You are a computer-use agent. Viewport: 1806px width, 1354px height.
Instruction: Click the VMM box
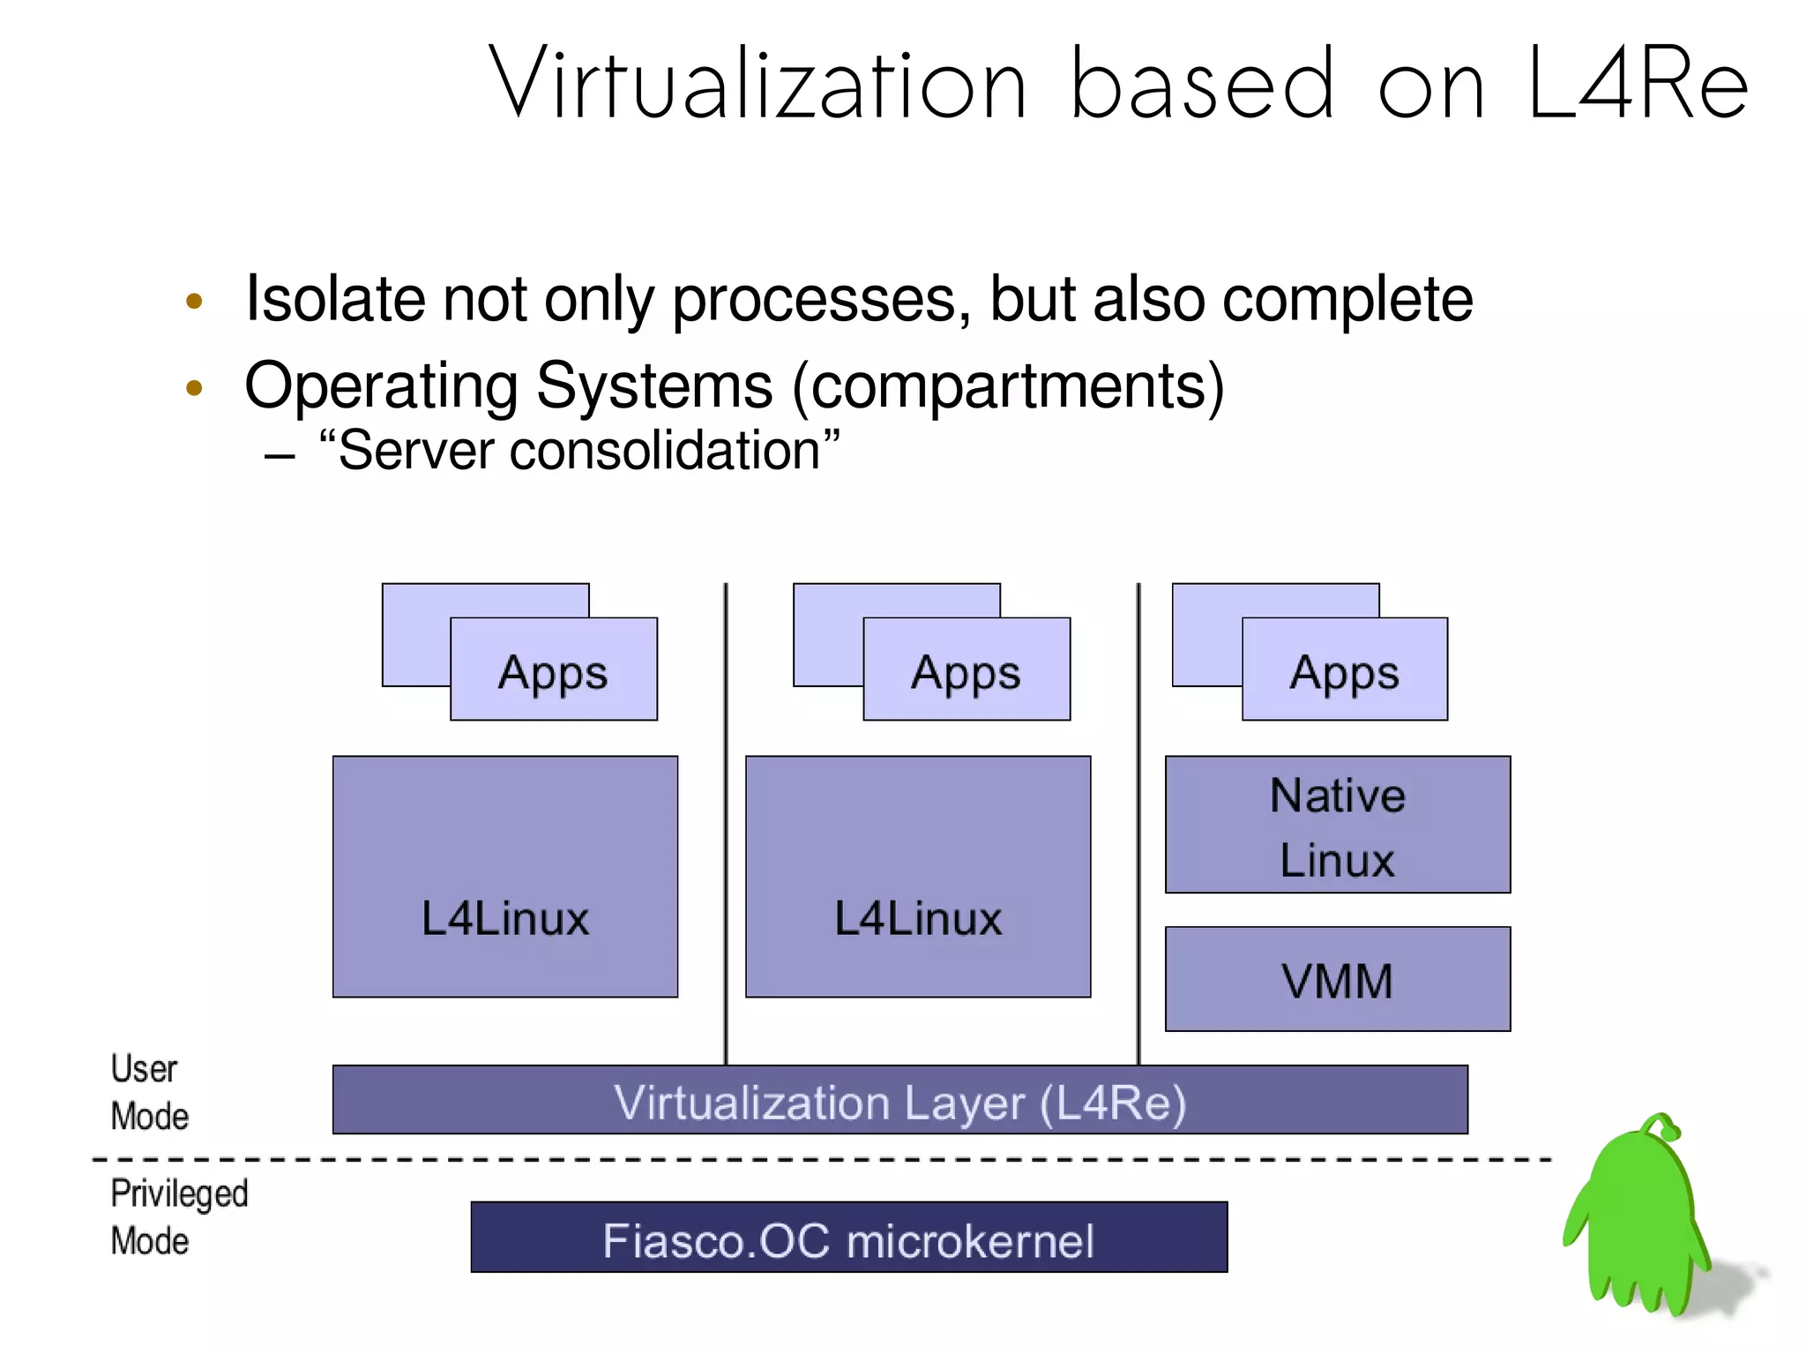1337,979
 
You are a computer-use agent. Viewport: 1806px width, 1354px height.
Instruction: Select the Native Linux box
1337,825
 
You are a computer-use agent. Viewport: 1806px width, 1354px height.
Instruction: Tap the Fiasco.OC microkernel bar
848,1238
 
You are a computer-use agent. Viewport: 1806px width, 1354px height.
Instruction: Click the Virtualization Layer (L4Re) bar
899,1100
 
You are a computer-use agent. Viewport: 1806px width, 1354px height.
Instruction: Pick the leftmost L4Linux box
504,876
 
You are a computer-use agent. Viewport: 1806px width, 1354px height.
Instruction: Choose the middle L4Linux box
917,876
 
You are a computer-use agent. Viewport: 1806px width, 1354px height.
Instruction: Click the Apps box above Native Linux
1344,670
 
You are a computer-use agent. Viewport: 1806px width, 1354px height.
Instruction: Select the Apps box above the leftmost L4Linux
553,670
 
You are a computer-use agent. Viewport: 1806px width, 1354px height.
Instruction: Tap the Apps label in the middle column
966,673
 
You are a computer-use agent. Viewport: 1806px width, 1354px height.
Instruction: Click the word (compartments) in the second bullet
1008,386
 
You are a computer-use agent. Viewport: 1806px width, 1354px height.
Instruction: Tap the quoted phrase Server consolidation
578,451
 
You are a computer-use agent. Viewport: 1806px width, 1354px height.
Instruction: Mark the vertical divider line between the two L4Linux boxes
726,820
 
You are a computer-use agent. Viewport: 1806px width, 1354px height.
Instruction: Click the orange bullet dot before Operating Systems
195,387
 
